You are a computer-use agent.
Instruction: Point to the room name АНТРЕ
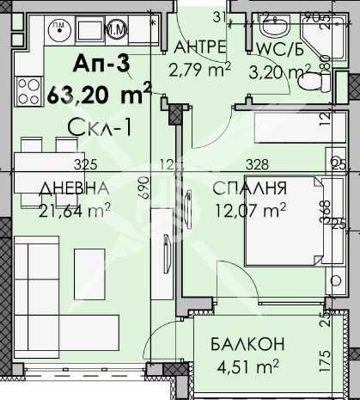coord(199,46)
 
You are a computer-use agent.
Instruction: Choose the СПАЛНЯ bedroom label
coord(254,189)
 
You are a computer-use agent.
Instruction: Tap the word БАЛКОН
coord(247,345)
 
